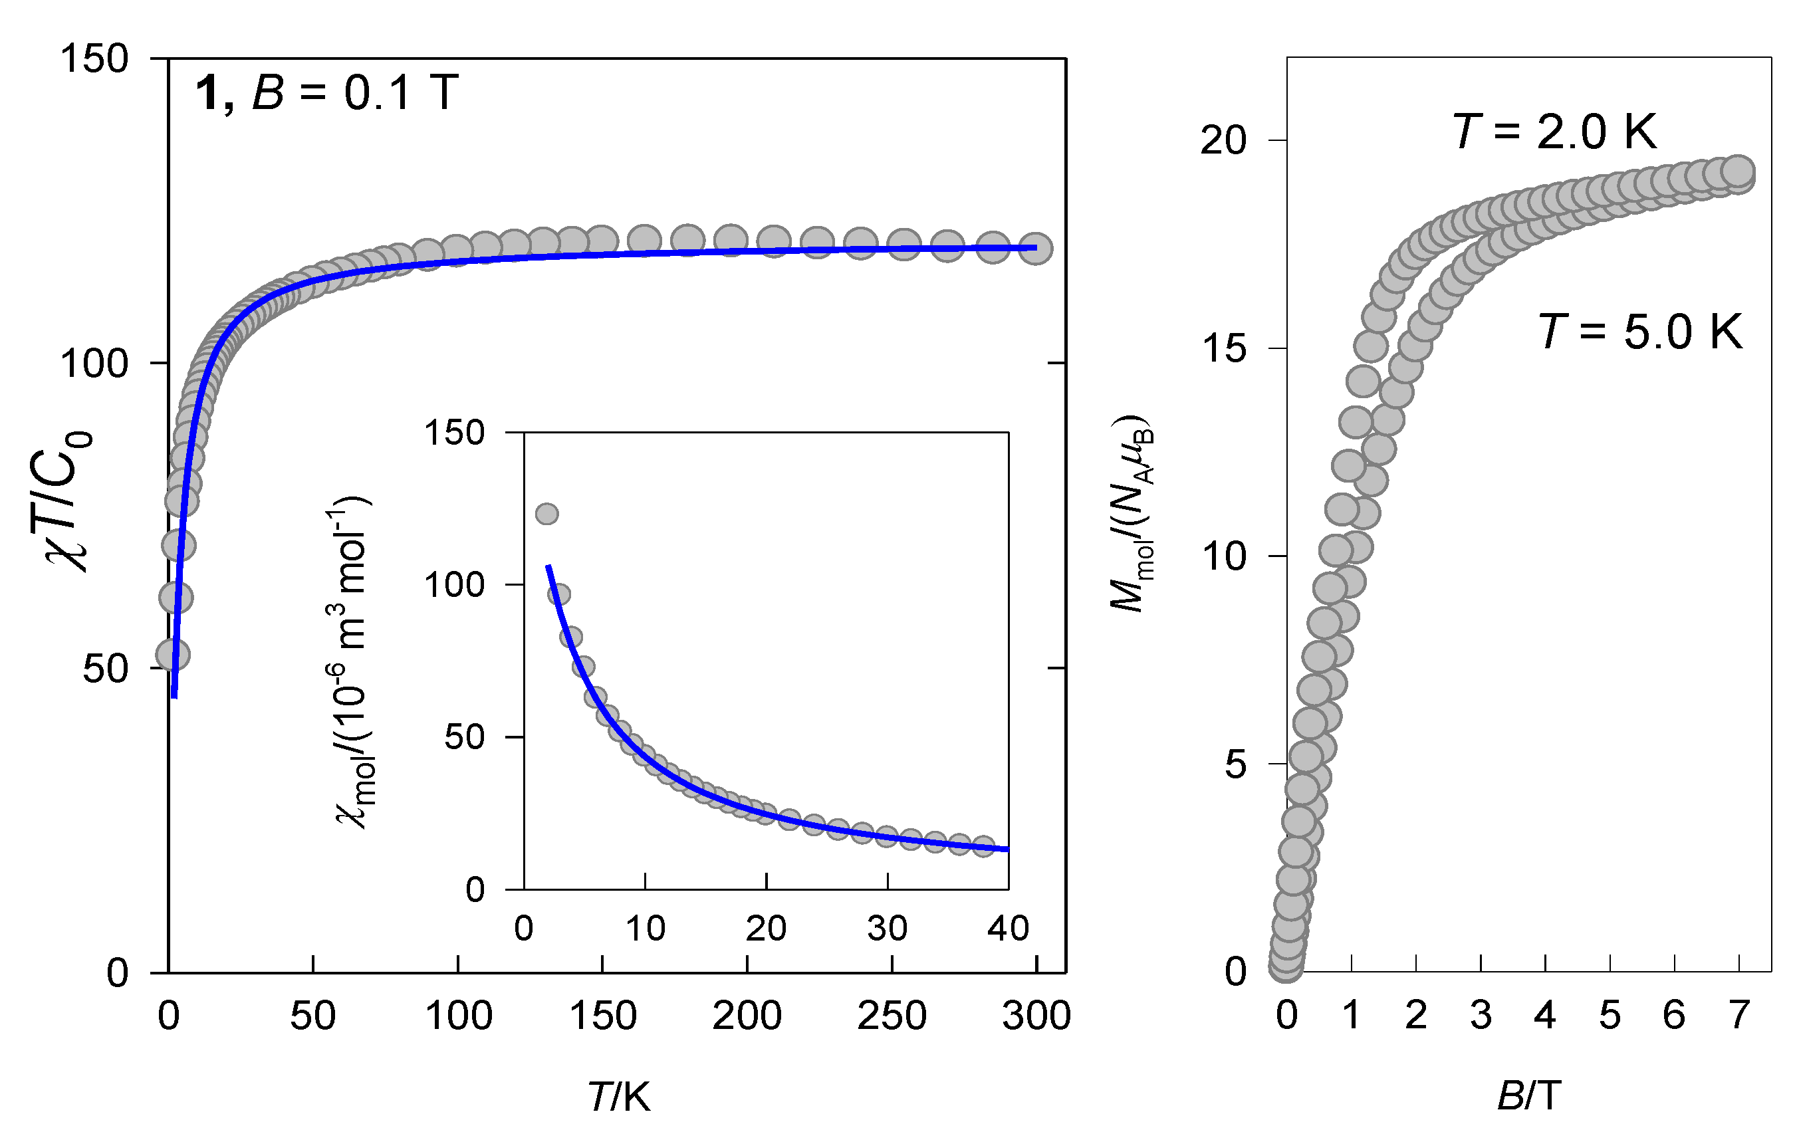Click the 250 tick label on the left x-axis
pyautogui.click(x=891, y=1016)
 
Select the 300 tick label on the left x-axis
pyautogui.click(x=1036, y=1016)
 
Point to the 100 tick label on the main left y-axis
pyautogui.click(x=94, y=364)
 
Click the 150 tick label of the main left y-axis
pyautogui.click(x=94, y=58)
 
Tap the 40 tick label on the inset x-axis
pyautogui.click(x=1007, y=929)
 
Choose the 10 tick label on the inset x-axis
pyautogui.click(x=645, y=929)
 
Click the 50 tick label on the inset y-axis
pyautogui.click(x=464, y=737)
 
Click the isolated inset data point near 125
pyautogui.click(x=547, y=514)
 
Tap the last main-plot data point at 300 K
pyautogui.click(x=1035, y=248)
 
